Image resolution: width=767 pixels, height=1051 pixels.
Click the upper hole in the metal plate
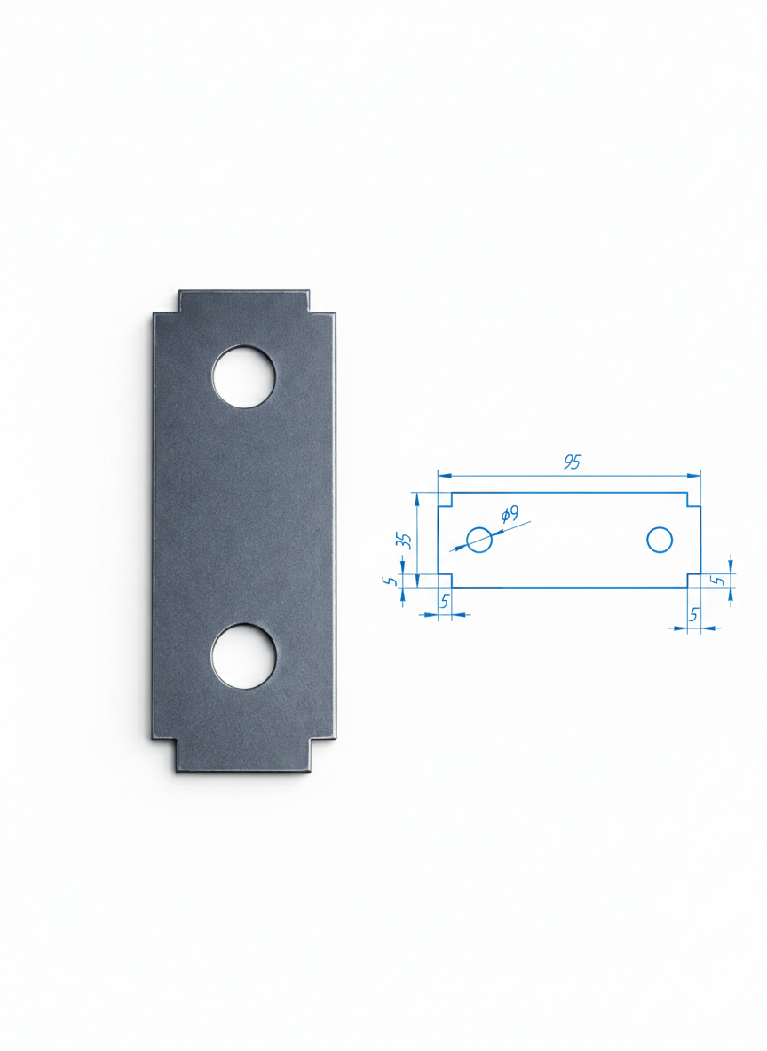click(x=243, y=376)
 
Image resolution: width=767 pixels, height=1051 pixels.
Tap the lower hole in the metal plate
click(x=243, y=656)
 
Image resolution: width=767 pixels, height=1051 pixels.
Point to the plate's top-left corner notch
click(x=166, y=302)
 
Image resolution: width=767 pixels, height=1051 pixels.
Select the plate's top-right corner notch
click(x=322, y=302)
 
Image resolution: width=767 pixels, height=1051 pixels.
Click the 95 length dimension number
click(x=572, y=462)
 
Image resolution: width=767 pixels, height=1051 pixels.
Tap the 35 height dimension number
click(x=404, y=541)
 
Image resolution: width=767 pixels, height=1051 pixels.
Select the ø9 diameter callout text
click(x=510, y=515)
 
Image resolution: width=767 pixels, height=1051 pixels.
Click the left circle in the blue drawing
click(x=478, y=540)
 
